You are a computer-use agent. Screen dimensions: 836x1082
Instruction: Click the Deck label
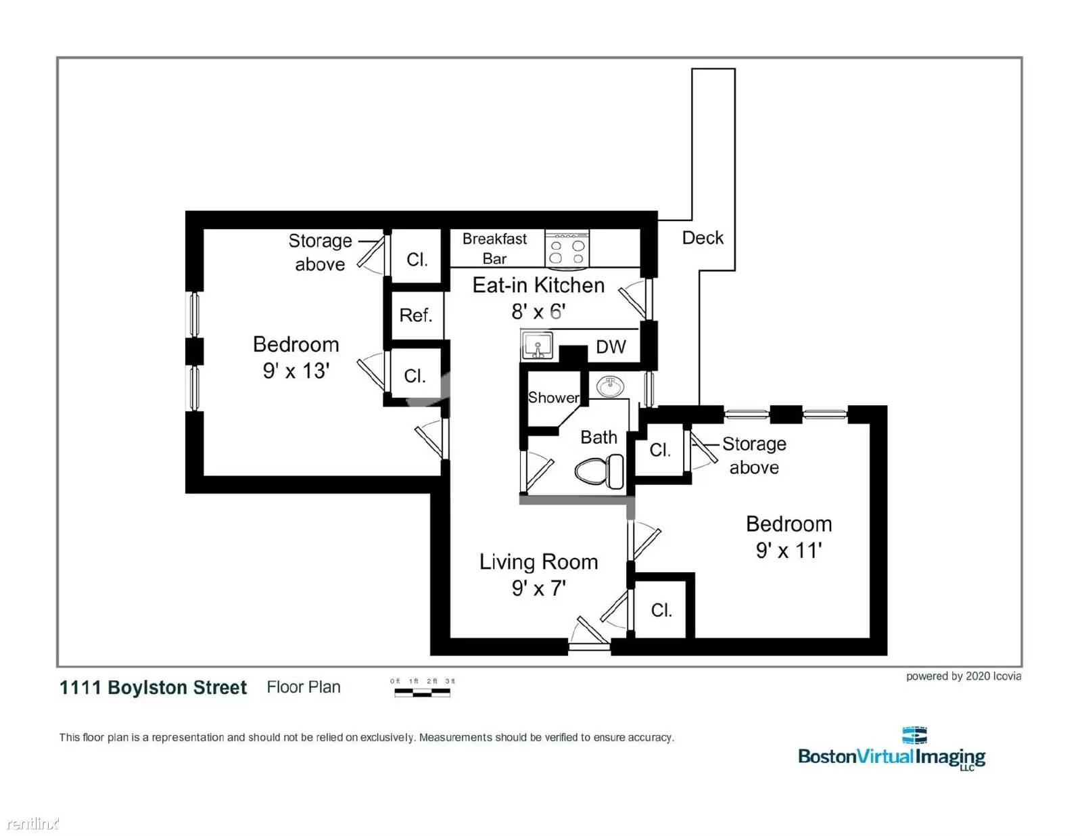click(x=702, y=237)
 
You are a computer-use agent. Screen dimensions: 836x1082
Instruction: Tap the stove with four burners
click(x=567, y=249)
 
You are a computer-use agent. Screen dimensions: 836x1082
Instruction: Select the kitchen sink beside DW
click(x=538, y=346)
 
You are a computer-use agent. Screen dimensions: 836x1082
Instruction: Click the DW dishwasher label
click(x=610, y=347)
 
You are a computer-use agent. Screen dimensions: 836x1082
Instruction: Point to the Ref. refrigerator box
click(x=415, y=315)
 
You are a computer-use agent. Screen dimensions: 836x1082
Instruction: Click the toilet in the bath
click(x=600, y=471)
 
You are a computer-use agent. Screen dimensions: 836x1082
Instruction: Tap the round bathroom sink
click(x=611, y=388)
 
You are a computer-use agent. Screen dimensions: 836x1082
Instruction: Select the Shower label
click(x=553, y=398)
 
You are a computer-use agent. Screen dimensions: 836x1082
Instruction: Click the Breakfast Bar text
click(x=494, y=248)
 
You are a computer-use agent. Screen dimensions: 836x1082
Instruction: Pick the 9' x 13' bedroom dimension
click(x=296, y=371)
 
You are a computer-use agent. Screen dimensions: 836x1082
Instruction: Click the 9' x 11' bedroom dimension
click(x=789, y=550)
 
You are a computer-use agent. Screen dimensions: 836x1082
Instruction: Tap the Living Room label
click(x=538, y=561)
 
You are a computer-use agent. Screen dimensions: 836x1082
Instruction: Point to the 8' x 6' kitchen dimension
click(x=538, y=311)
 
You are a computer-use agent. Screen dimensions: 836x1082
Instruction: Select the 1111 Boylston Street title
click(x=153, y=687)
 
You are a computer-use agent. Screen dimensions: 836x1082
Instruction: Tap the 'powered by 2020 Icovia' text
click(x=963, y=676)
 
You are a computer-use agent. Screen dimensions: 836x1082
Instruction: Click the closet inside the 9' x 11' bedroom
click(x=661, y=609)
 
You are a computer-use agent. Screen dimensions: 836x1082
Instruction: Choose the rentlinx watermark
click(x=32, y=823)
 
